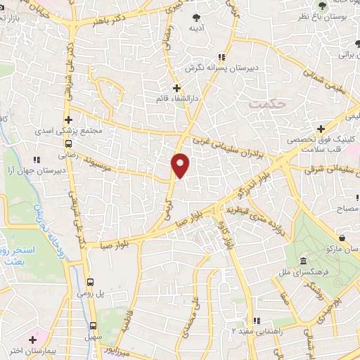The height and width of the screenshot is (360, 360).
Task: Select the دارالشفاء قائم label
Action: point(177,100)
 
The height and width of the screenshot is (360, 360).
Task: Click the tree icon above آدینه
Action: point(195,16)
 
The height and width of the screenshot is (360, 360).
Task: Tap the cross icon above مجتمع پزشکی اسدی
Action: point(68,120)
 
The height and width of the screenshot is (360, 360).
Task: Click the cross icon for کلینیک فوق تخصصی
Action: point(321,129)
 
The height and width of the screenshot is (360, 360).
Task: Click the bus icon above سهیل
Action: point(94,326)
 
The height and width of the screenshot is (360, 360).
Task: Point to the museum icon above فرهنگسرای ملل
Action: point(304,260)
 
